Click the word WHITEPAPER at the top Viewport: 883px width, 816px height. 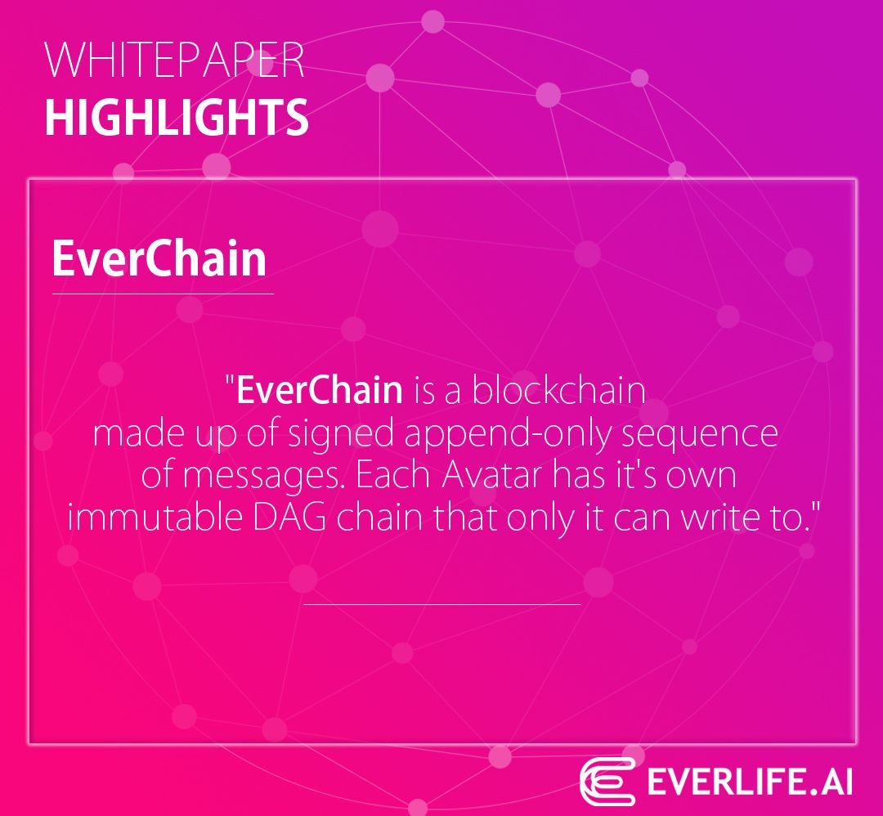click(175, 59)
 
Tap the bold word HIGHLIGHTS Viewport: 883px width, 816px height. click(177, 117)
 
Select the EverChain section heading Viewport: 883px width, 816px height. click(159, 258)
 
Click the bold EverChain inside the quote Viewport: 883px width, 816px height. click(320, 389)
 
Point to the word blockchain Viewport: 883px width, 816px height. click(558, 389)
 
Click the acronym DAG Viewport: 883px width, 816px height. click(289, 518)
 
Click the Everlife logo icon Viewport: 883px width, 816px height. click(607, 782)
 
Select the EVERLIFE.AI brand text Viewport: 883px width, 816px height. click(750, 782)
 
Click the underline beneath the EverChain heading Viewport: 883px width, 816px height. click(163, 294)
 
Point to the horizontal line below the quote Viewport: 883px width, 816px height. click(442, 604)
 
